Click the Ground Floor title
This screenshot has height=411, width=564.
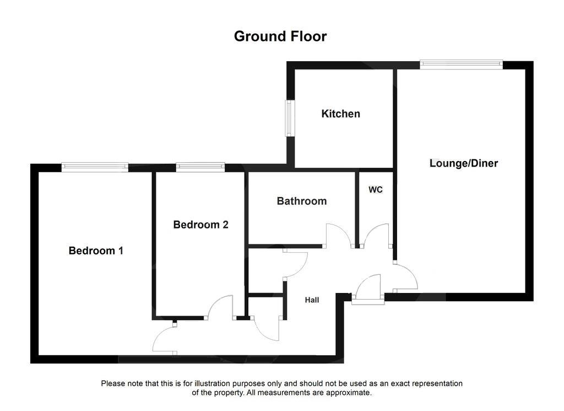pos(280,36)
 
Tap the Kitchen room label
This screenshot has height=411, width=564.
pos(341,114)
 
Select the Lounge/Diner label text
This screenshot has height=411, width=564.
pos(464,163)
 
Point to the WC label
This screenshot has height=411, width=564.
pos(376,190)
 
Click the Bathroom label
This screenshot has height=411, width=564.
pos(301,201)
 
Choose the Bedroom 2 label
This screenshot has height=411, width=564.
pos(200,225)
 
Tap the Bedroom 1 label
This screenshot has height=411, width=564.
pos(96,250)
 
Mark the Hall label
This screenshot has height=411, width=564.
pos(312,300)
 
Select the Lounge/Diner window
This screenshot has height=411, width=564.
pos(462,65)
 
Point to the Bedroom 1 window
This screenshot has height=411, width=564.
pos(95,167)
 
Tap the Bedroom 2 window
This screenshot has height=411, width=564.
pos(200,167)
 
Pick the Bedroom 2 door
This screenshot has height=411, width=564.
pos(222,307)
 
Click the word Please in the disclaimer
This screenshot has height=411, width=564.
pos(113,383)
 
